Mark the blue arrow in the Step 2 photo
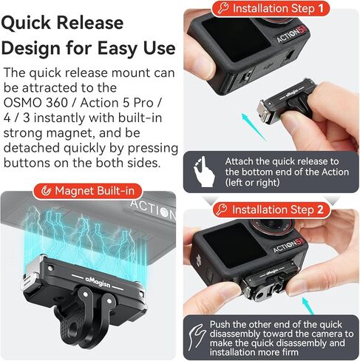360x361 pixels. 308,304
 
